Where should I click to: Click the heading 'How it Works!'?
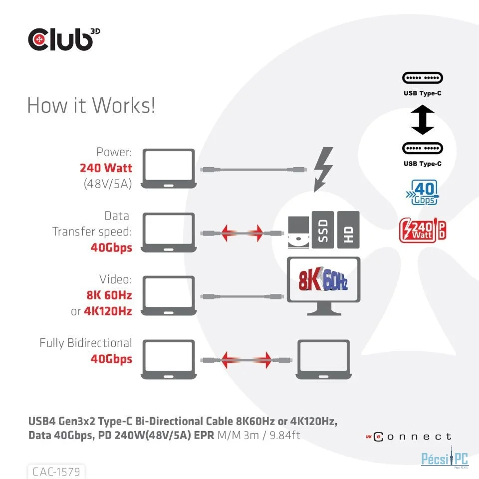(x=91, y=105)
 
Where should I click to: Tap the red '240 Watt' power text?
(x=106, y=168)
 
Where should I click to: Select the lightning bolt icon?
(x=323, y=170)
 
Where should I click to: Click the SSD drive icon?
(x=323, y=230)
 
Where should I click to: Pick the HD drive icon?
(x=348, y=230)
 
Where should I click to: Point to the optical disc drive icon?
(x=298, y=232)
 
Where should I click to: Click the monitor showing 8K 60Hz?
(x=323, y=286)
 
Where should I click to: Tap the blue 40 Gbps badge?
(x=422, y=193)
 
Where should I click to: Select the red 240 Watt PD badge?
(x=422, y=230)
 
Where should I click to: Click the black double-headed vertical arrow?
(x=423, y=120)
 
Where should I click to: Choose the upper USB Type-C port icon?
(x=423, y=78)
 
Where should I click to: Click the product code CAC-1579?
(x=56, y=472)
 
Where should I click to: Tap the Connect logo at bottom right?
(x=409, y=437)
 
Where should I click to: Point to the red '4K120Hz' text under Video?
(x=108, y=311)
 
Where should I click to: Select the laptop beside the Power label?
(x=169, y=169)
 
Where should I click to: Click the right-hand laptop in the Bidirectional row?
(x=323, y=360)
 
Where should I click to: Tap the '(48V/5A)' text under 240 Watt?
(x=108, y=184)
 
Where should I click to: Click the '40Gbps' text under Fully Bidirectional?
(x=111, y=359)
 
